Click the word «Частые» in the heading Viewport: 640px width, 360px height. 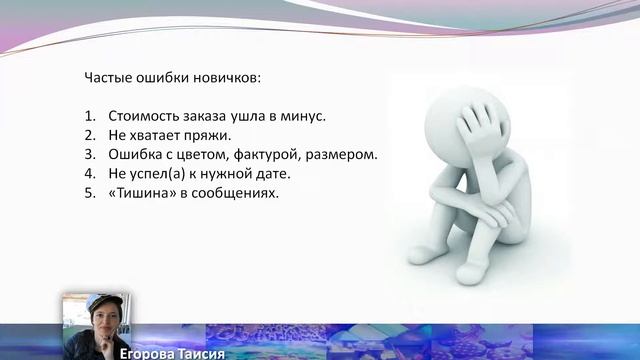click(105, 77)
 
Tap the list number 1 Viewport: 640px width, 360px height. click(88, 116)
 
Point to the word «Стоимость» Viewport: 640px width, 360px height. click(145, 116)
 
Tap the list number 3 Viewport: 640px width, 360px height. click(88, 154)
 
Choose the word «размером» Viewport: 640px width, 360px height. click(345, 154)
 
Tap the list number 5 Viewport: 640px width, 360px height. click(88, 192)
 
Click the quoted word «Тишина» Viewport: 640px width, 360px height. click(142, 192)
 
